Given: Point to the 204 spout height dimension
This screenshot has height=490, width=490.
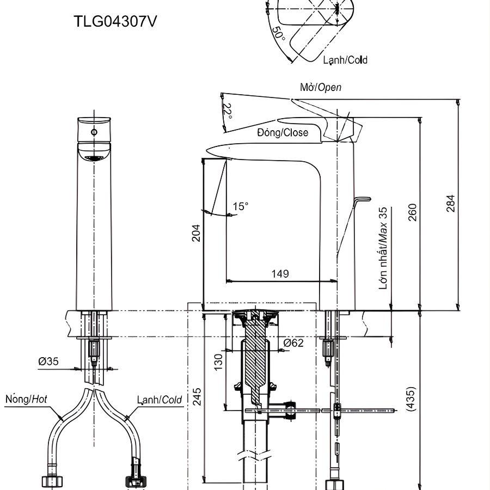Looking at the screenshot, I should (x=196, y=232).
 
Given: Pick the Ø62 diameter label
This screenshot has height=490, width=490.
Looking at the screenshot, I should (x=293, y=343).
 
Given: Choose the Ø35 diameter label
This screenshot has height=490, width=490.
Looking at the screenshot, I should (x=49, y=361).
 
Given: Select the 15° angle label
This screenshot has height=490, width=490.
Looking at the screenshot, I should (x=240, y=206).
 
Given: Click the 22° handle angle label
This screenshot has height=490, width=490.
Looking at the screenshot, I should (x=228, y=111).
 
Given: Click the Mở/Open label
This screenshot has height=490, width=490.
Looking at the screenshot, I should (x=321, y=87).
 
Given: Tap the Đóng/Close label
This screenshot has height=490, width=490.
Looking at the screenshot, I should (x=283, y=132).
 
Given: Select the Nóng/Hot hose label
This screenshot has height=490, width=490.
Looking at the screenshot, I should (x=27, y=400).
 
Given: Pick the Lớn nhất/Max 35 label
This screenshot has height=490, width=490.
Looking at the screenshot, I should (x=384, y=248).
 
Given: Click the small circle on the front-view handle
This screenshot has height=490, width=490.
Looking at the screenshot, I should (x=94, y=132).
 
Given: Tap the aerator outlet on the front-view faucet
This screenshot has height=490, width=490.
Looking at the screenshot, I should (x=95, y=158).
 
